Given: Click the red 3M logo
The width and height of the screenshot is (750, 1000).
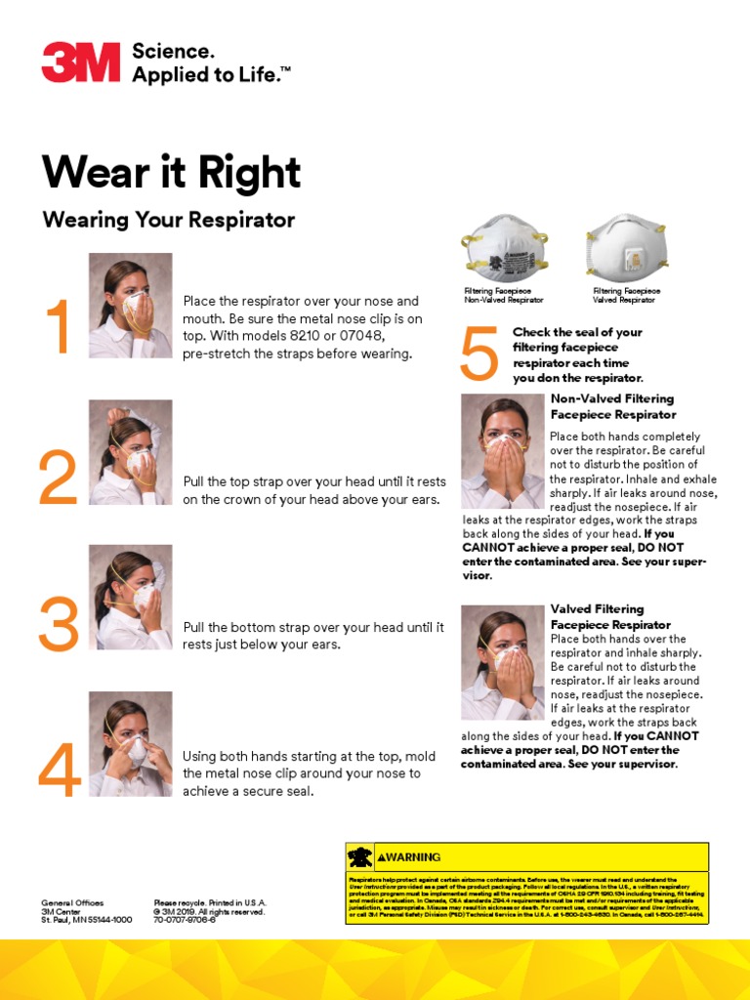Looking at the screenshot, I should click(x=81, y=62).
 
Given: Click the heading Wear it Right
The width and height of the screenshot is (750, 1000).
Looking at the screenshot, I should click(x=171, y=173).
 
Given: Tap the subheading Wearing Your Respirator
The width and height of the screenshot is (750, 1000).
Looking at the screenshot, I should click(x=168, y=220).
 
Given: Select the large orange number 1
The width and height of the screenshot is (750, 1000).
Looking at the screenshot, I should click(x=60, y=328).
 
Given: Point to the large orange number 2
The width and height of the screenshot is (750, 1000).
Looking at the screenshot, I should click(x=58, y=479).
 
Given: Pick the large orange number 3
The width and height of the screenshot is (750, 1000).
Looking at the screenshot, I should click(x=58, y=625).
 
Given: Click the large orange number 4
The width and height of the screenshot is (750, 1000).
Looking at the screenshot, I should click(x=59, y=771).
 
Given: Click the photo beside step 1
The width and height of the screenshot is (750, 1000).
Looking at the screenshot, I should click(x=130, y=306).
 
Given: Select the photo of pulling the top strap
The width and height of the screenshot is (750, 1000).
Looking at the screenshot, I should click(x=130, y=452).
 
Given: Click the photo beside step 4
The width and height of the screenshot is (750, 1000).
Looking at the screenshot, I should click(x=130, y=743).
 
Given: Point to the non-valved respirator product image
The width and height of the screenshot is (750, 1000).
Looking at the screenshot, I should click(x=504, y=247).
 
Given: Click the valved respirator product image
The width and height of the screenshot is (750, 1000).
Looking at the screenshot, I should click(x=626, y=248).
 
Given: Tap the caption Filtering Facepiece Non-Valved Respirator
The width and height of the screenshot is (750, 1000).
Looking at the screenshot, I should click(x=503, y=296).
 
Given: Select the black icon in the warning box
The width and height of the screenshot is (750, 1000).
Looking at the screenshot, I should click(x=360, y=857).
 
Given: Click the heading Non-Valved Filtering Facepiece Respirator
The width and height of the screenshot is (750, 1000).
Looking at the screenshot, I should click(x=612, y=406).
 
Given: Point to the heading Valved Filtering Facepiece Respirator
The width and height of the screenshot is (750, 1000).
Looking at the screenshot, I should click(x=610, y=616).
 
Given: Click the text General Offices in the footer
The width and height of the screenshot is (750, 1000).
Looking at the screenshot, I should click(x=72, y=903).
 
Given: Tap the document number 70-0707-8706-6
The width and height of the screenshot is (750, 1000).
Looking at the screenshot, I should click(x=185, y=920).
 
